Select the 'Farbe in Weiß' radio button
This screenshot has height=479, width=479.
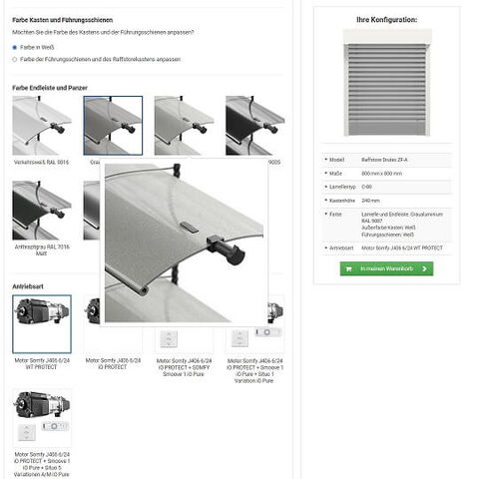15,47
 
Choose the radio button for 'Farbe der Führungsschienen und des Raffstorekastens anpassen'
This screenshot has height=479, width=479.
15,59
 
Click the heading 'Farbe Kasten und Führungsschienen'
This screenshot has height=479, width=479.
62,20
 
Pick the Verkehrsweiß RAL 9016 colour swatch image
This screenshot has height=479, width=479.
42,126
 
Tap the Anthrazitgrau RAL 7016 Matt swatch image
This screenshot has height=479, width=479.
42,211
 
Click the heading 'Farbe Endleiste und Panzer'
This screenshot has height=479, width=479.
50,88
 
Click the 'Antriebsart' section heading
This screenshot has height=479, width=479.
28,285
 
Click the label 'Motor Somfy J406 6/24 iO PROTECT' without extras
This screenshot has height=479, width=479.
106,363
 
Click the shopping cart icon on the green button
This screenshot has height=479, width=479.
350,268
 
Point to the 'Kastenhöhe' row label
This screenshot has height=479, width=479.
345,200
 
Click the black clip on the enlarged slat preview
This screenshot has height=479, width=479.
229,248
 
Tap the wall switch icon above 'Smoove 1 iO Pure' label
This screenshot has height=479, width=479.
170,337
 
